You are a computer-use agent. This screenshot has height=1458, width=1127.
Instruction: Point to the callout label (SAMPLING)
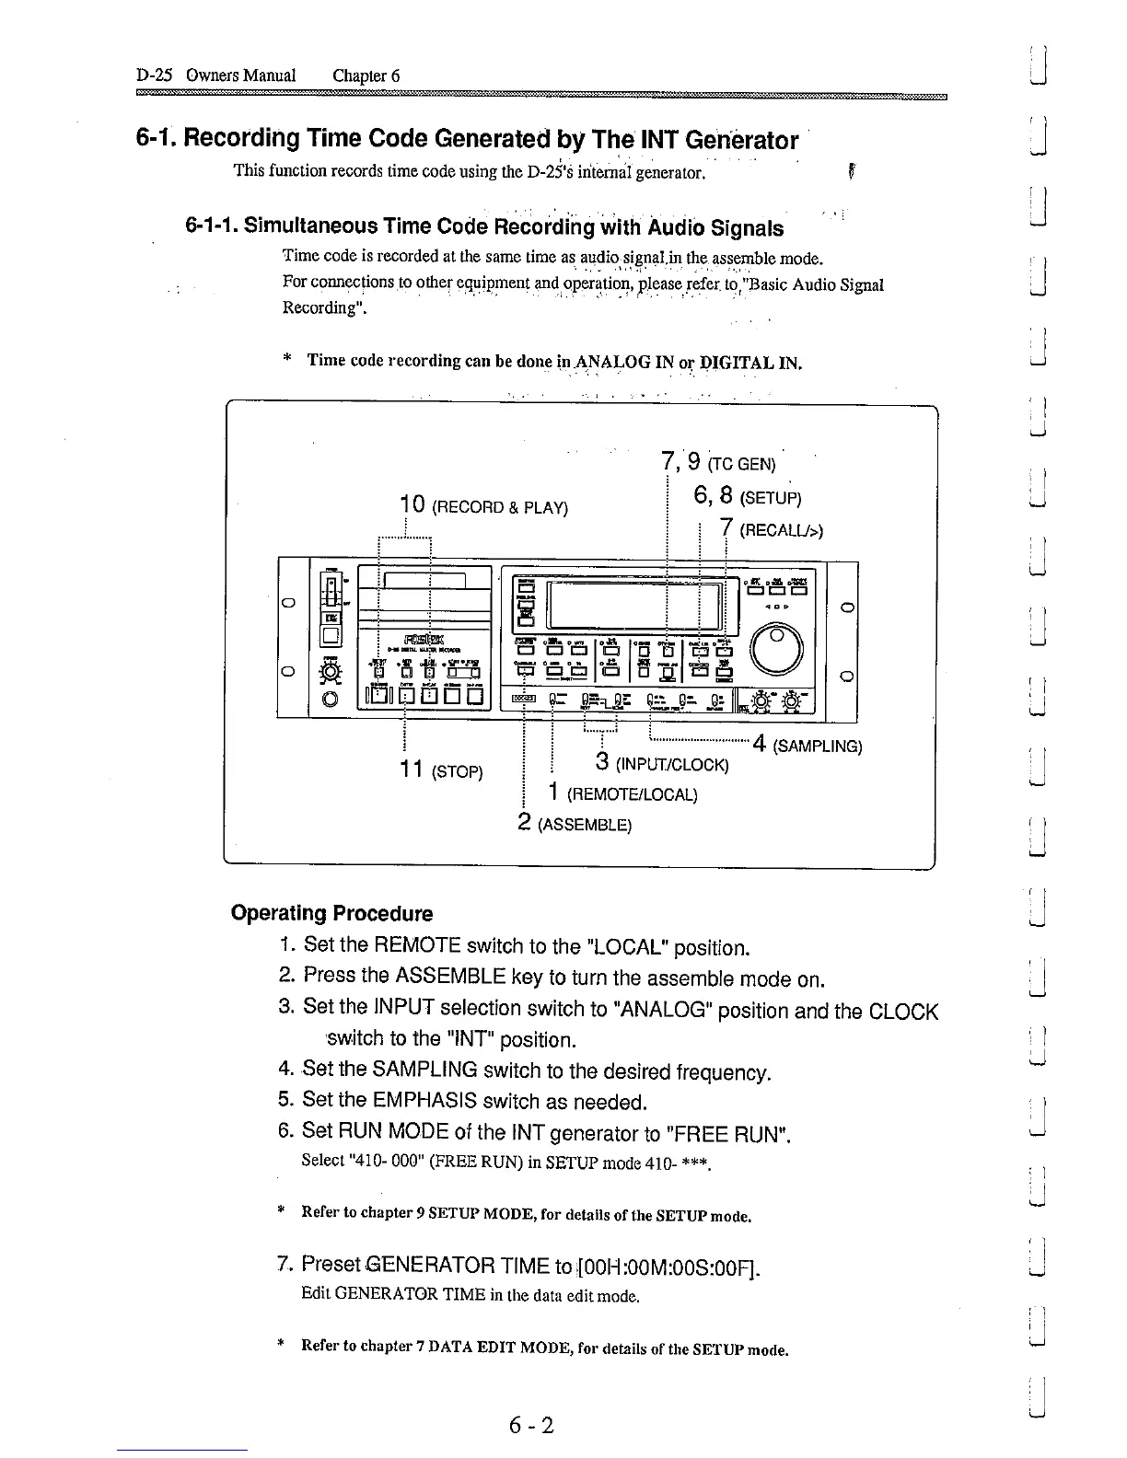click(819, 746)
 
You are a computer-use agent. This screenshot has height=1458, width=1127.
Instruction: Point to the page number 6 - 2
click(530, 1426)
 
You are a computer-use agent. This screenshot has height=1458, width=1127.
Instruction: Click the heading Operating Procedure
click(331, 914)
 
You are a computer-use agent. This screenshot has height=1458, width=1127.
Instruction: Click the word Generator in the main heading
click(742, 141)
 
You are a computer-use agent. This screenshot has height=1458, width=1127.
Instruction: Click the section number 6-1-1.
click(212, 227)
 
